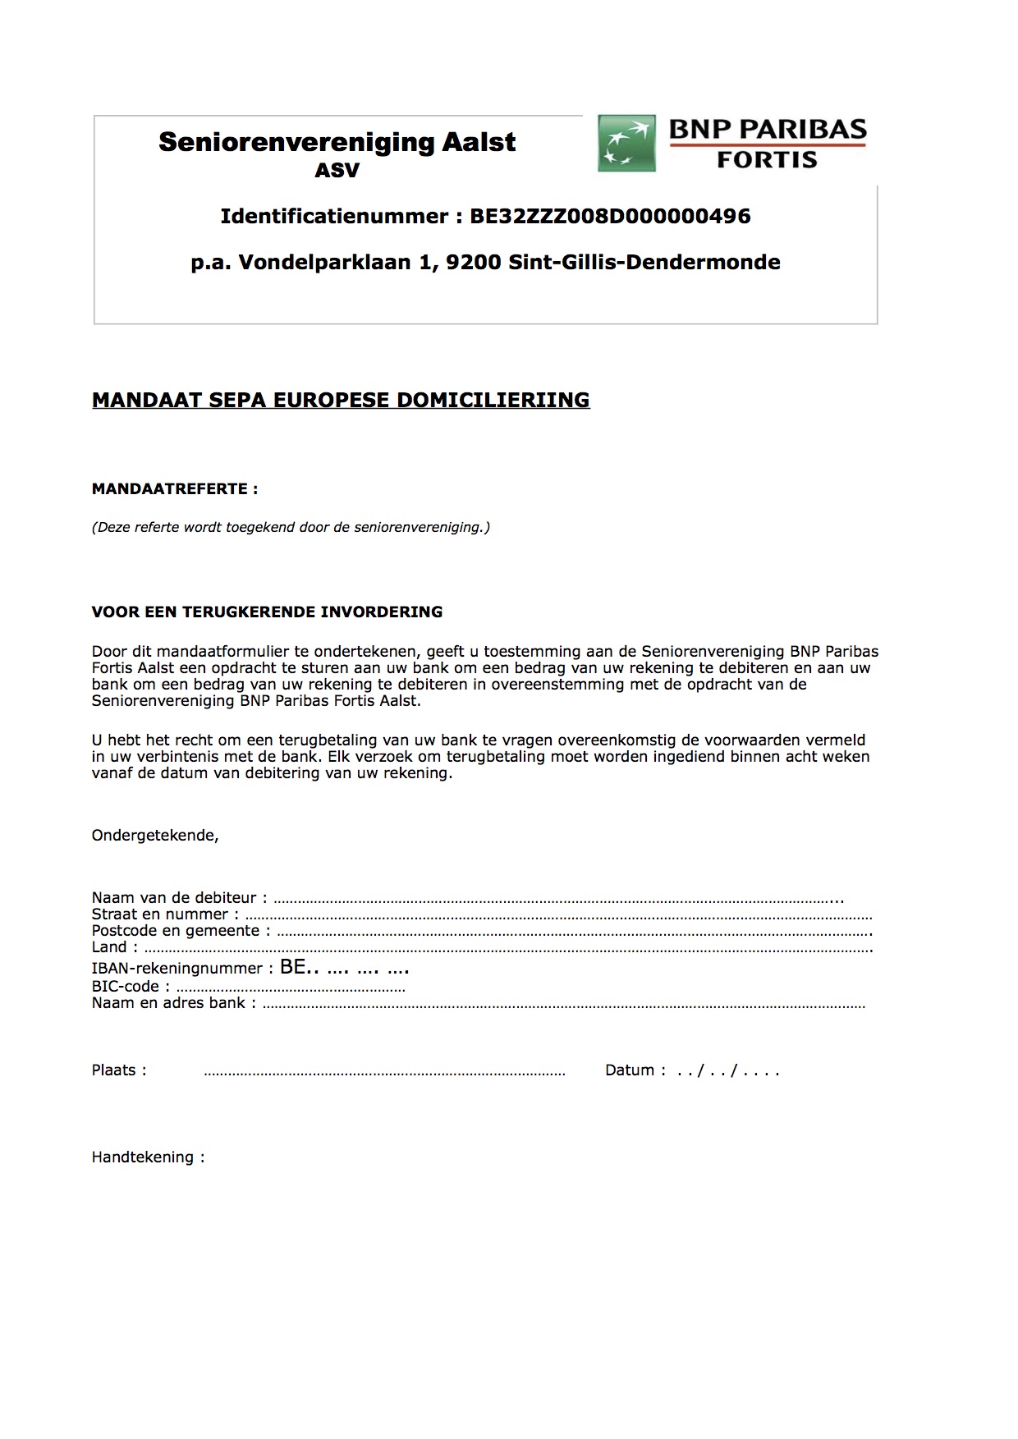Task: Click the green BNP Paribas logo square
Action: [627, 144]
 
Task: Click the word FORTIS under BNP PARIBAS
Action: [767, 160]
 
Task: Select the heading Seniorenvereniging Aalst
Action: [337, 142]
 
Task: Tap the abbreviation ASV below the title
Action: [337, 171]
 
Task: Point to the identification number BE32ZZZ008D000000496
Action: [610, 216]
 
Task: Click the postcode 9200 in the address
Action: [474, 263]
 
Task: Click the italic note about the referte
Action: [291, 527]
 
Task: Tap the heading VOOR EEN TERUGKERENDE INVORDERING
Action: [267, 612]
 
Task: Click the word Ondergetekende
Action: [155, 836]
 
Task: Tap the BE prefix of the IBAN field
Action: [292, 967]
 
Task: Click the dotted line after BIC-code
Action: [291, 988]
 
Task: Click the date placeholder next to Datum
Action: [727, 1070]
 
